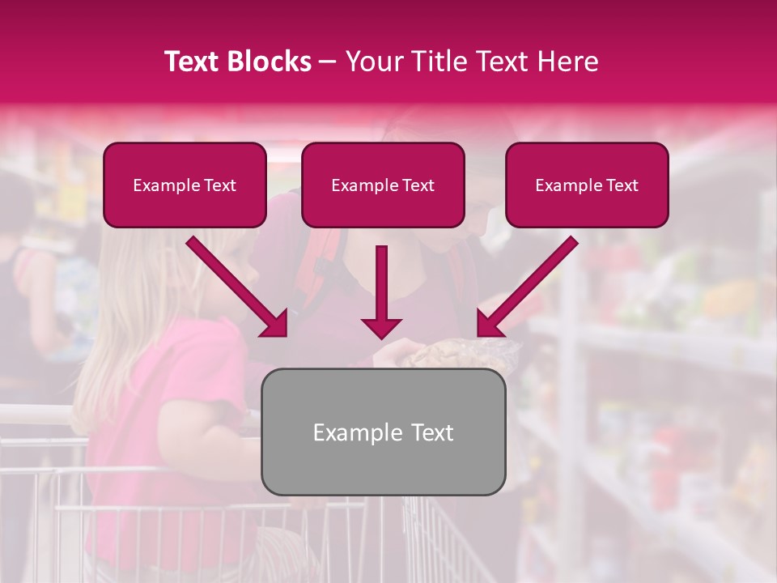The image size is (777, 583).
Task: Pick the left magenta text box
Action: tap(185, 206)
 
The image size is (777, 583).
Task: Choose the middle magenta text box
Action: tap(383, 206)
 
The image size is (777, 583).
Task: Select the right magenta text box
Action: tap(587, 206)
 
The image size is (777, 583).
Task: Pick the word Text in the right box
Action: tap(622, 185)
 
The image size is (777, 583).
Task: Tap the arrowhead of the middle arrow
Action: tap(381, 326)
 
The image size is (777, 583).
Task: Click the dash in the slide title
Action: tap(328, 62)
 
